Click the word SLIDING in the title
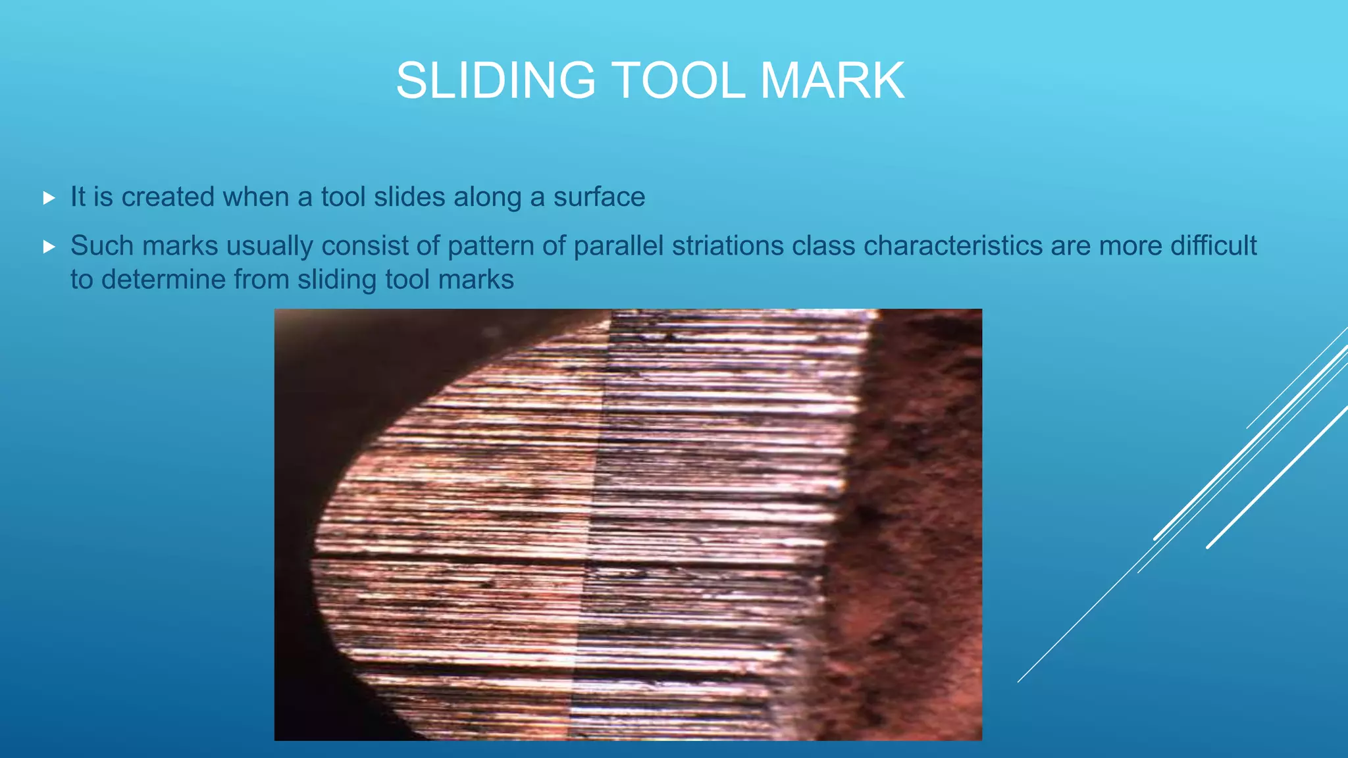point(496,81)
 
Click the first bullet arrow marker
point(49,198)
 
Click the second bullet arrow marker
point(49,247)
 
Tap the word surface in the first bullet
point(599,197)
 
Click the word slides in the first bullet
point(403,197)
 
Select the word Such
point(101,246)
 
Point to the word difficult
point(1214,246)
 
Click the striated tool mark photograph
point(628,524)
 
